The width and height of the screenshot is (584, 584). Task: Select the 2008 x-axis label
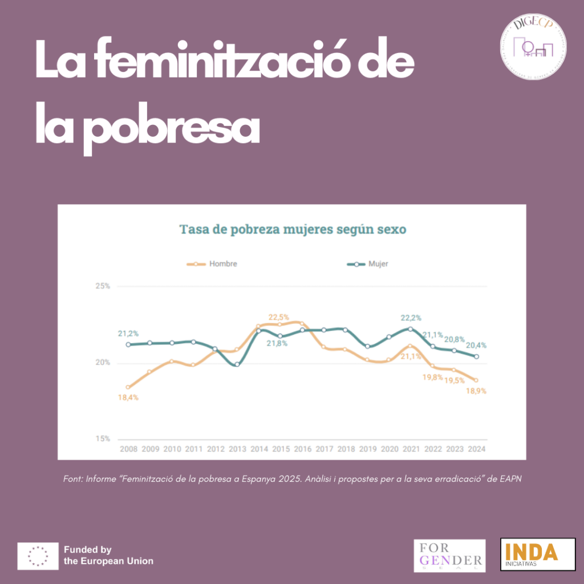pyautogui.click(x=128, y=449)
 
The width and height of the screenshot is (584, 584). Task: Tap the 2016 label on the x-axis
pyautogui.click(x=302, y=449)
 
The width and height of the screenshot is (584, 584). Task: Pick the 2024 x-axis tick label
pyautogui.click(x=477, y=449)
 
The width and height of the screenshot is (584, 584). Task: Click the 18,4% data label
pyautogui.click(x=128, y=398)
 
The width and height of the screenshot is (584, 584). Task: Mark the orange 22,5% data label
pyautogui.click(x=279, y=317)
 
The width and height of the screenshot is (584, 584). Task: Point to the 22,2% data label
pyautogui.click(x=411, y=318)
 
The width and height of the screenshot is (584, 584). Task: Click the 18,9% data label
pyautogui.click(x=476, y=391)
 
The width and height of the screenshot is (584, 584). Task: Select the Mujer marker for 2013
pyautogui.click(x=237, y=364)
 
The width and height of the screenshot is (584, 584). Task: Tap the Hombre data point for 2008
pyautogui.click(x=128, y=387)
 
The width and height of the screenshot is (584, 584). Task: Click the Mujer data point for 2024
pyautogui.click(x=477, y=357)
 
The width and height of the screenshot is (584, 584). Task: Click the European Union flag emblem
pyautogui.click(x=38, y=555)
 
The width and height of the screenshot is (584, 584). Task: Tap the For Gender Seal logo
pyautogui.click(x=449, y=555)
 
